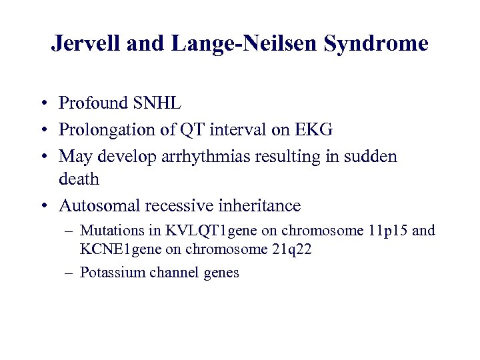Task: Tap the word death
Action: [x=79, y=179]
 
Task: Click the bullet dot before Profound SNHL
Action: [x=42, y=104]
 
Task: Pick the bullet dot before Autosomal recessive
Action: [x=42, y=206]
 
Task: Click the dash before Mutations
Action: [x=69, y=231]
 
